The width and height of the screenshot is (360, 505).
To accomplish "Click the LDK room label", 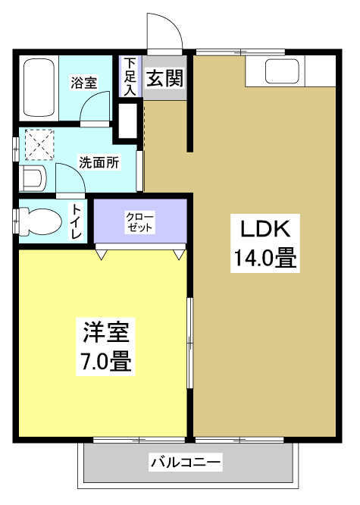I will click(261, 228).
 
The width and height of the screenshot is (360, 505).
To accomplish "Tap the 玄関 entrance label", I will click(164, 78).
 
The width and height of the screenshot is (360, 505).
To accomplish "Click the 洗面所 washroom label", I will click(99, 162).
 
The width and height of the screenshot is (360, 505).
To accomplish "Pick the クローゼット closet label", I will click(140, 221).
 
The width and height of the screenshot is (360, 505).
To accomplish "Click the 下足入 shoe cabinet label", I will click(130, 77).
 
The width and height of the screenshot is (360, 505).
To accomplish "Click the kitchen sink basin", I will click(283, 73).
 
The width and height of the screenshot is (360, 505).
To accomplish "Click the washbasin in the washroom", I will click(33, 180).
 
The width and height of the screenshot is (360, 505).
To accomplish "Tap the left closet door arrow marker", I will click(101, 256).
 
